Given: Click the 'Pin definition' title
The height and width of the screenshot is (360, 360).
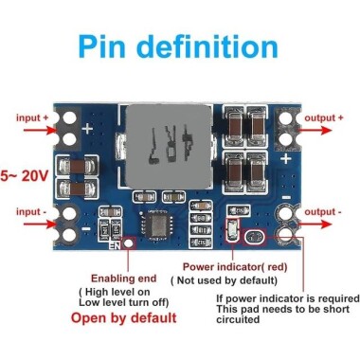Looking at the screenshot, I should tap(180, 46).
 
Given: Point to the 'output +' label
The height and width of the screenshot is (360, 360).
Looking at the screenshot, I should tap(324, 117).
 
